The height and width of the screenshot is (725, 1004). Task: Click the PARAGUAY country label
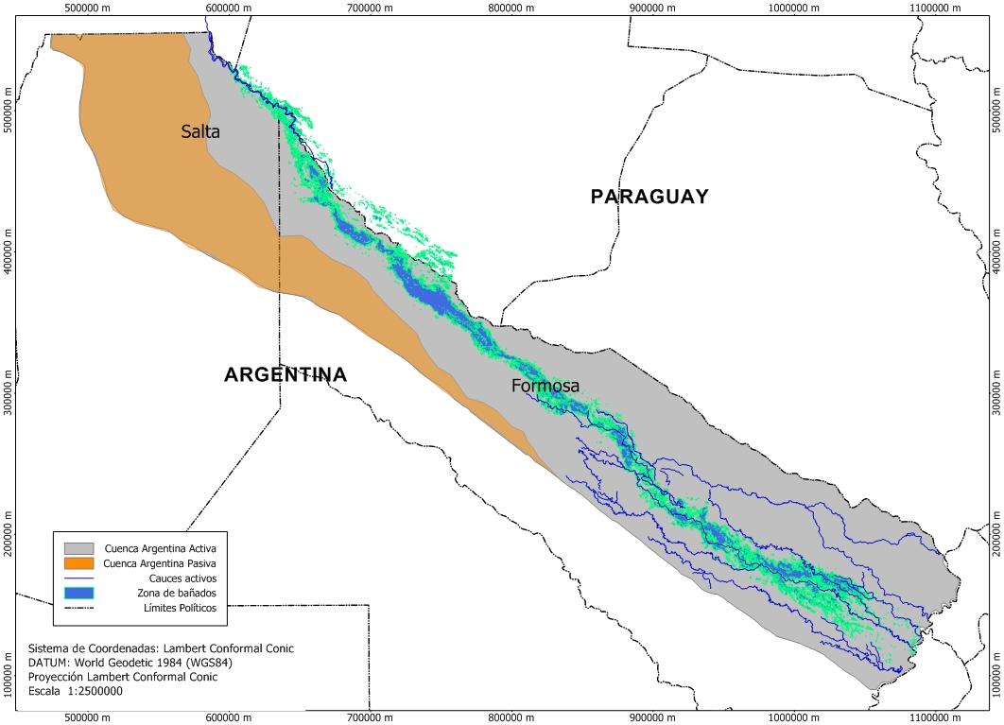click(x=649, y=197)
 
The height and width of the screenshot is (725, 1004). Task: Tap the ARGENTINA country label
click(x=285, y=375)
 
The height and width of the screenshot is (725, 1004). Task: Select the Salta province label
click(x=200, y=132)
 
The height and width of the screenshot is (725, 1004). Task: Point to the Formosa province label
click(x=545, y=386)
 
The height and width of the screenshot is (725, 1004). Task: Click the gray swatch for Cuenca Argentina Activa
click(x=81, y=547)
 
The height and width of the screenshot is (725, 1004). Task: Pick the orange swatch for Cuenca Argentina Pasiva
click(x=81, y=562)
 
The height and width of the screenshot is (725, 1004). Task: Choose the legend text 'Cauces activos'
click(x=182, y=578)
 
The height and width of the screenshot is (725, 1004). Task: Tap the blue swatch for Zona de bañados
click(x=81, y=593)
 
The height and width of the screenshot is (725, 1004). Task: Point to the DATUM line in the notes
click(x=130, y=663)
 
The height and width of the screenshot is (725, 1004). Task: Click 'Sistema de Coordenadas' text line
click(x=161, y=648)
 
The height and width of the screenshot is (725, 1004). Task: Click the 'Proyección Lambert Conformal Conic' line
click(x=130, y=677)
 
